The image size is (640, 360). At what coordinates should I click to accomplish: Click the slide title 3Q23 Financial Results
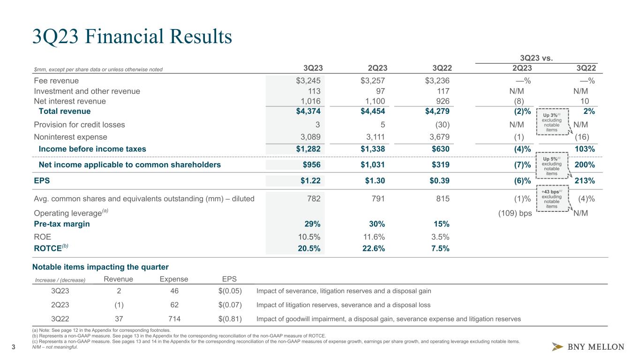[x=132, y=37]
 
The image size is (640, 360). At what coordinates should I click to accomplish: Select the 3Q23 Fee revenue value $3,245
[x=308, y=80]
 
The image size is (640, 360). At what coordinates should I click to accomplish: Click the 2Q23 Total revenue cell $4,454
[x=372, y=111]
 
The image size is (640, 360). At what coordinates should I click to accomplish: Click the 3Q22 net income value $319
[x=439, y=165]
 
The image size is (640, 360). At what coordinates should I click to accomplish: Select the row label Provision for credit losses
[x=79, y=125]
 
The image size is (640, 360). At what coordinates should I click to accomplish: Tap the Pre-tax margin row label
[x=62, y=224]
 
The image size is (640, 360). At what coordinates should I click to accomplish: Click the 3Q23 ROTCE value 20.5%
[x=309, y=249]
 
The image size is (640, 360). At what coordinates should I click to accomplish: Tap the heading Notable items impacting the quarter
[x=100, y=267]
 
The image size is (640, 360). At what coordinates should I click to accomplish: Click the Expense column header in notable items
[x=171, y=279]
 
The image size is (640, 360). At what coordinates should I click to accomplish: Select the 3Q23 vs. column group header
[x=539, y=59]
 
